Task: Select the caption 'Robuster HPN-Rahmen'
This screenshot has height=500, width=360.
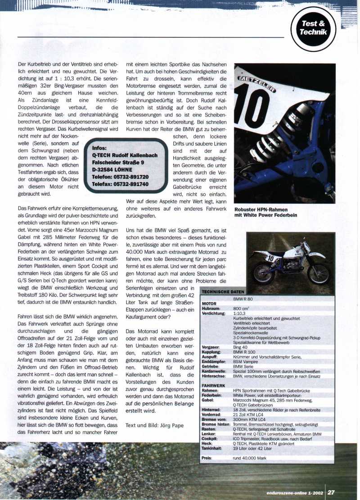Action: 261,210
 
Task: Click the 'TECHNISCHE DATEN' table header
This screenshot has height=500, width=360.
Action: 223,292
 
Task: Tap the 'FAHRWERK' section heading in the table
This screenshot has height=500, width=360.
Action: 213,385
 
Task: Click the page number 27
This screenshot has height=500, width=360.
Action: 331,492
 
